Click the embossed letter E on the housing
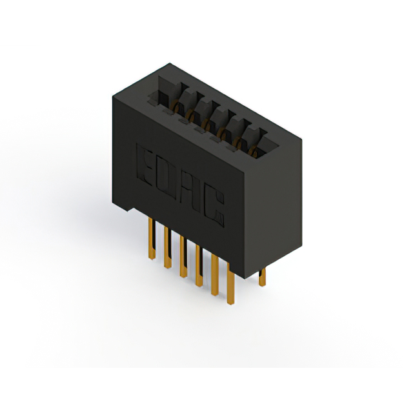click(145, 165)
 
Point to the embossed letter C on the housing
click(214, 208)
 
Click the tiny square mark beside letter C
click(219, 217)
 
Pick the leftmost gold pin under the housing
click(152, 239)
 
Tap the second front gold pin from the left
click(168, 247)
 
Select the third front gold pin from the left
click(183, 256)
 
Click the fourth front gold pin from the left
click(199, 265)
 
